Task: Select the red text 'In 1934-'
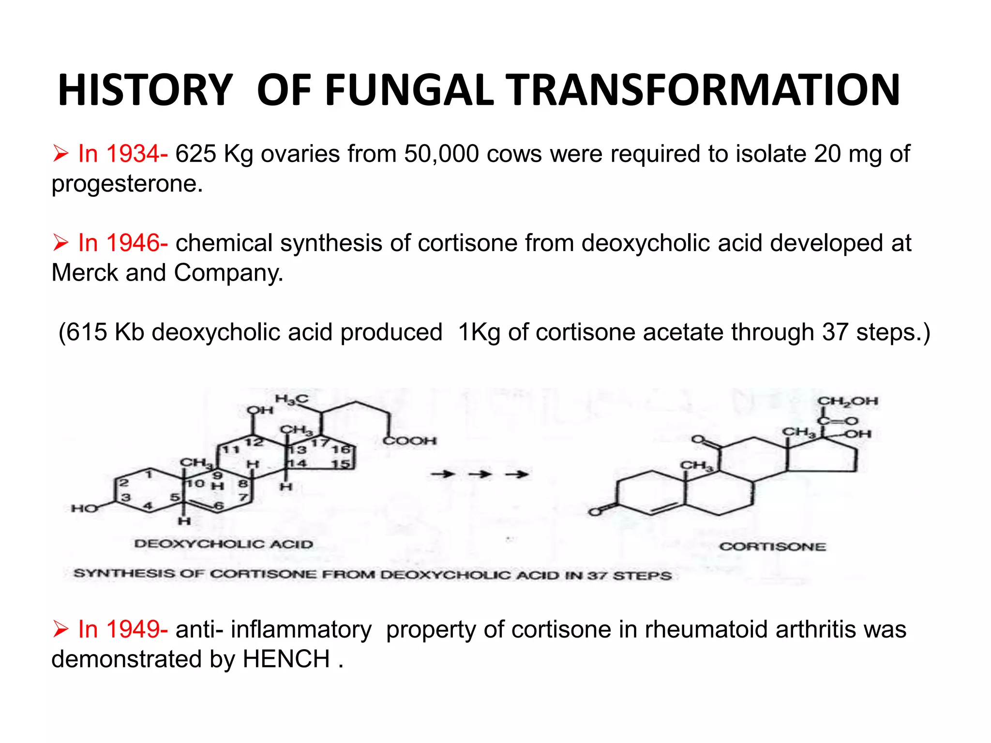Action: tap(123, 154)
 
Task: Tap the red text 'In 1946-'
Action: tap(123, 243)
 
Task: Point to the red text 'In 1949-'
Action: tap(123, 629)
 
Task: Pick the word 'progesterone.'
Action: tap(127, 184)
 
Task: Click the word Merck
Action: tap(85, 273)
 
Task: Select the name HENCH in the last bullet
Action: tap(286, 659)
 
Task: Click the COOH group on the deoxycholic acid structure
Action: tap(409, 441)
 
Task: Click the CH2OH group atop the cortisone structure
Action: tap(847, 401)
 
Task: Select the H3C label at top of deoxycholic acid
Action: tap(291, 399)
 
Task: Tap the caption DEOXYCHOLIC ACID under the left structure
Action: tap(224, 544)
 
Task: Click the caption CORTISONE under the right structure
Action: tap(772, 547)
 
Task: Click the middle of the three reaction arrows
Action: tap(479, 474)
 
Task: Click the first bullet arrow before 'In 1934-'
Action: tap(61, 154)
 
